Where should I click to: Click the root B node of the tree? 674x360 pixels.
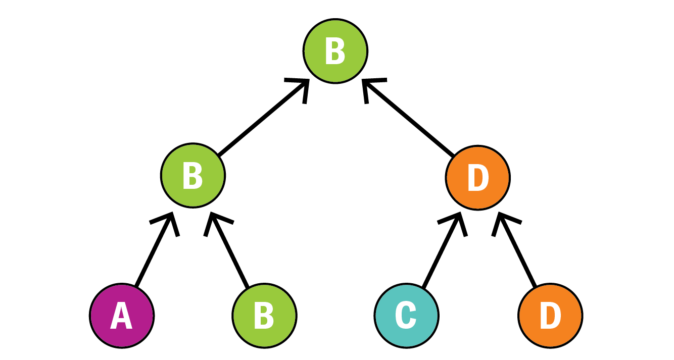pyautogui.click(x=335, y=51)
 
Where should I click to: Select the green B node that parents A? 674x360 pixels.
pyautogui.click(x=193, y=176)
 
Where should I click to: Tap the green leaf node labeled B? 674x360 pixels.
pyautogui.click(x=264, y=316)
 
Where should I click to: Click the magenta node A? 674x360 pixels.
pyautogui.click(x=122, y=316)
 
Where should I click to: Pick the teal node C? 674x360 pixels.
pyautogui.click(x=407, y=316)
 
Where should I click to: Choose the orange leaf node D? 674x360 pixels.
pyautogui.click(x=550, y=316)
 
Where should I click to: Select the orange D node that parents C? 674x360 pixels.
pyautogui.click(x=478, y=178)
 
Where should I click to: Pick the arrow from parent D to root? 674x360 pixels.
pyautogui.click(x=409, y=119)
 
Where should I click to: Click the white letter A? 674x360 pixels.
pyautogui.click(x=121, y=316)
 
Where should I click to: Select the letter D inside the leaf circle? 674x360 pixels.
pyautogui.click(x=550, y=316)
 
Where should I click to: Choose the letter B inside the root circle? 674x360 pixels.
pyautogui.click(x=335, y=51)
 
